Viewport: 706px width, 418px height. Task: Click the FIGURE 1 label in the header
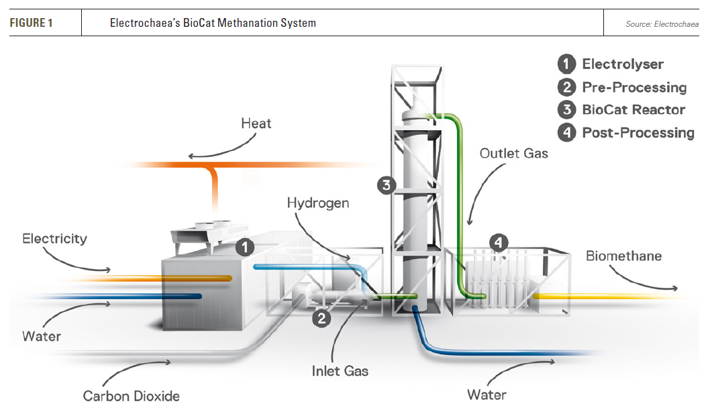pos(31,23)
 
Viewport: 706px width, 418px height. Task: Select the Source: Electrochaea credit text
pos(660,23)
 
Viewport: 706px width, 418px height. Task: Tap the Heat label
pos(257,123)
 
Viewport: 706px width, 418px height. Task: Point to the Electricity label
pos(54,238)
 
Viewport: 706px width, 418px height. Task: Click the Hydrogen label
pos(318,203)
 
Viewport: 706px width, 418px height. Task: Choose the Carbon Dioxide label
pos(132,396)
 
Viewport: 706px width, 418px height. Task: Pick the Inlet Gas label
pos(340,370)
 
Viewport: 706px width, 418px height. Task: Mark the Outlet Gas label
pos(514,154)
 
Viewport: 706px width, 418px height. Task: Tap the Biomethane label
pos(623,256)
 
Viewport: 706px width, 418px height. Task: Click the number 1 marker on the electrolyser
pos(246,247)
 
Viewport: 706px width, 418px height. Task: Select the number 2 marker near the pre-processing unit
pos(322,318)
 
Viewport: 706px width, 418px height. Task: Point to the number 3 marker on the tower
pos(385,185)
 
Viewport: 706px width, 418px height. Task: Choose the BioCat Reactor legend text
pos(634,110)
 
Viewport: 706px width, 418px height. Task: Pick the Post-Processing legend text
pos(638,133)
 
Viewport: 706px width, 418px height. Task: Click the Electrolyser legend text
pos(623,64)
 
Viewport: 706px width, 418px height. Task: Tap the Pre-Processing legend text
pos(634,87)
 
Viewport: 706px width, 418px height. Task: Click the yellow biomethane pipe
pos(604,295)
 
